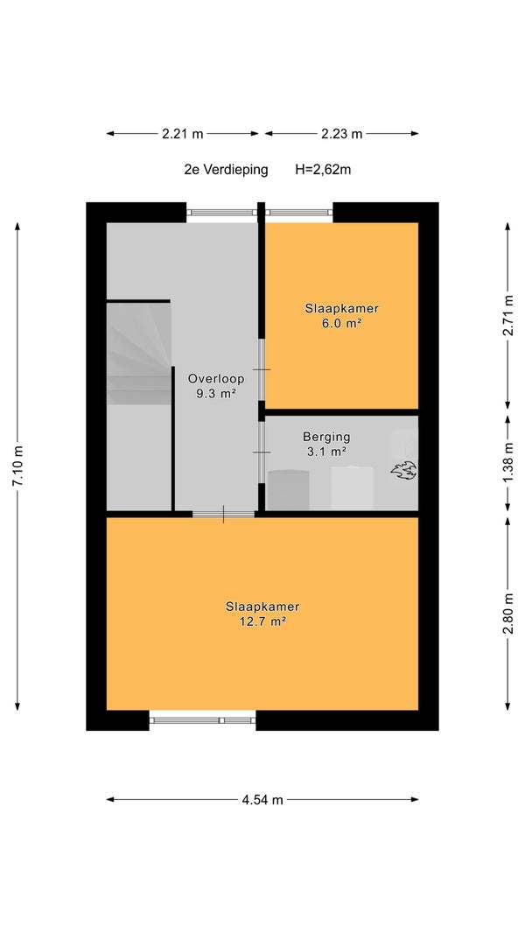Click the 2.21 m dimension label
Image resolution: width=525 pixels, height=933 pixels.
click(x=183, y=134)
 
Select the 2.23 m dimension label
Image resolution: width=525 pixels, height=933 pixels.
click(x=342, y=134)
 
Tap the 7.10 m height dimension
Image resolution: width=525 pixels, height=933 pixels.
click(x=17, y=466)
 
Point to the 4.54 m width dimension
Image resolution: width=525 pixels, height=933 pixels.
click(x=262, y=800)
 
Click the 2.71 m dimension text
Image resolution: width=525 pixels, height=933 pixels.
click(x=507, y=315)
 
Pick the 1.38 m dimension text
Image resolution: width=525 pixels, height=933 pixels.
click(x=507, y=464)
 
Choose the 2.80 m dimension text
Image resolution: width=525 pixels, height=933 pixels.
click(x=507, y=614)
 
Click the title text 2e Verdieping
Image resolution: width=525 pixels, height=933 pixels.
click(x=226, y=170)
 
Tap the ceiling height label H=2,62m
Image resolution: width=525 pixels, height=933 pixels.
click(x=323, y=170)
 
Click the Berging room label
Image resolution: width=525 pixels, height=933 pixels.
click(x=325, y=437)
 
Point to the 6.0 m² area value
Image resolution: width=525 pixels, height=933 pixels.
click(x=342, y=324)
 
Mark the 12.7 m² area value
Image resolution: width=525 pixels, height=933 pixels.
click(x=262, y=621)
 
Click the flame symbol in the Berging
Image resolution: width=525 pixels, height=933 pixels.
click(x=403, y=470)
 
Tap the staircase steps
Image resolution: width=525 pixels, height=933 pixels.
click(x=139, y=354)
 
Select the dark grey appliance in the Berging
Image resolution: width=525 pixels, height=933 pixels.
click(x=289, y=490)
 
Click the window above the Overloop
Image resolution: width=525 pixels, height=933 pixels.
click(x=221, y=213)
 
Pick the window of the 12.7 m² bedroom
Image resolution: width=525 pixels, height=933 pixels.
click(x=202, y=720)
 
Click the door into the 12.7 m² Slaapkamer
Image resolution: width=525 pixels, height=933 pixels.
click(x=223, y=514)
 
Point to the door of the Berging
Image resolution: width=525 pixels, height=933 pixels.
click(x=262, y=452)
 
